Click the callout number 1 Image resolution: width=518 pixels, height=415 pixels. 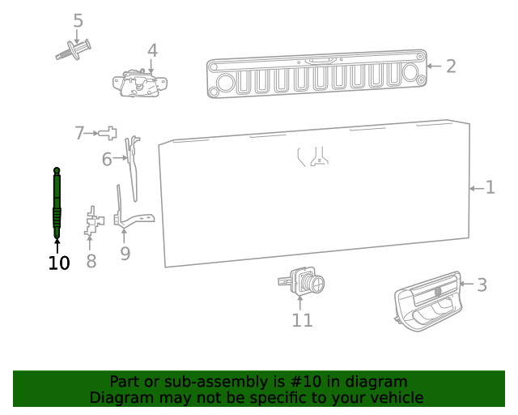490,188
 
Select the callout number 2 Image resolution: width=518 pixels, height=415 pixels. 451,66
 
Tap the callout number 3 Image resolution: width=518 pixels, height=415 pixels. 482,285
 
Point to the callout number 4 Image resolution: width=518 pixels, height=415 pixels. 152,50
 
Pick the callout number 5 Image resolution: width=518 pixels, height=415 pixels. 78,20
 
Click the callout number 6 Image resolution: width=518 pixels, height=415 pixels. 107,160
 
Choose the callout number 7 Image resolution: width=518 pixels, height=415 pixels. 79,133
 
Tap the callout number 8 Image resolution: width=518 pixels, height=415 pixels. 91,261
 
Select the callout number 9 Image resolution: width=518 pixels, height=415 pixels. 125,254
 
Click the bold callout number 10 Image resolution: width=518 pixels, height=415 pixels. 59,263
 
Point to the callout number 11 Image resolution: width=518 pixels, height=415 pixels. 302,320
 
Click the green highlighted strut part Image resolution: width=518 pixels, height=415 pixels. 57,203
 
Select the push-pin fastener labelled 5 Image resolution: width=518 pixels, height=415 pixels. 74,49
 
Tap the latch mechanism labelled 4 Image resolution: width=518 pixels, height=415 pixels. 142,83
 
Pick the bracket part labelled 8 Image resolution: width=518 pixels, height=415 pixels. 94,220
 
